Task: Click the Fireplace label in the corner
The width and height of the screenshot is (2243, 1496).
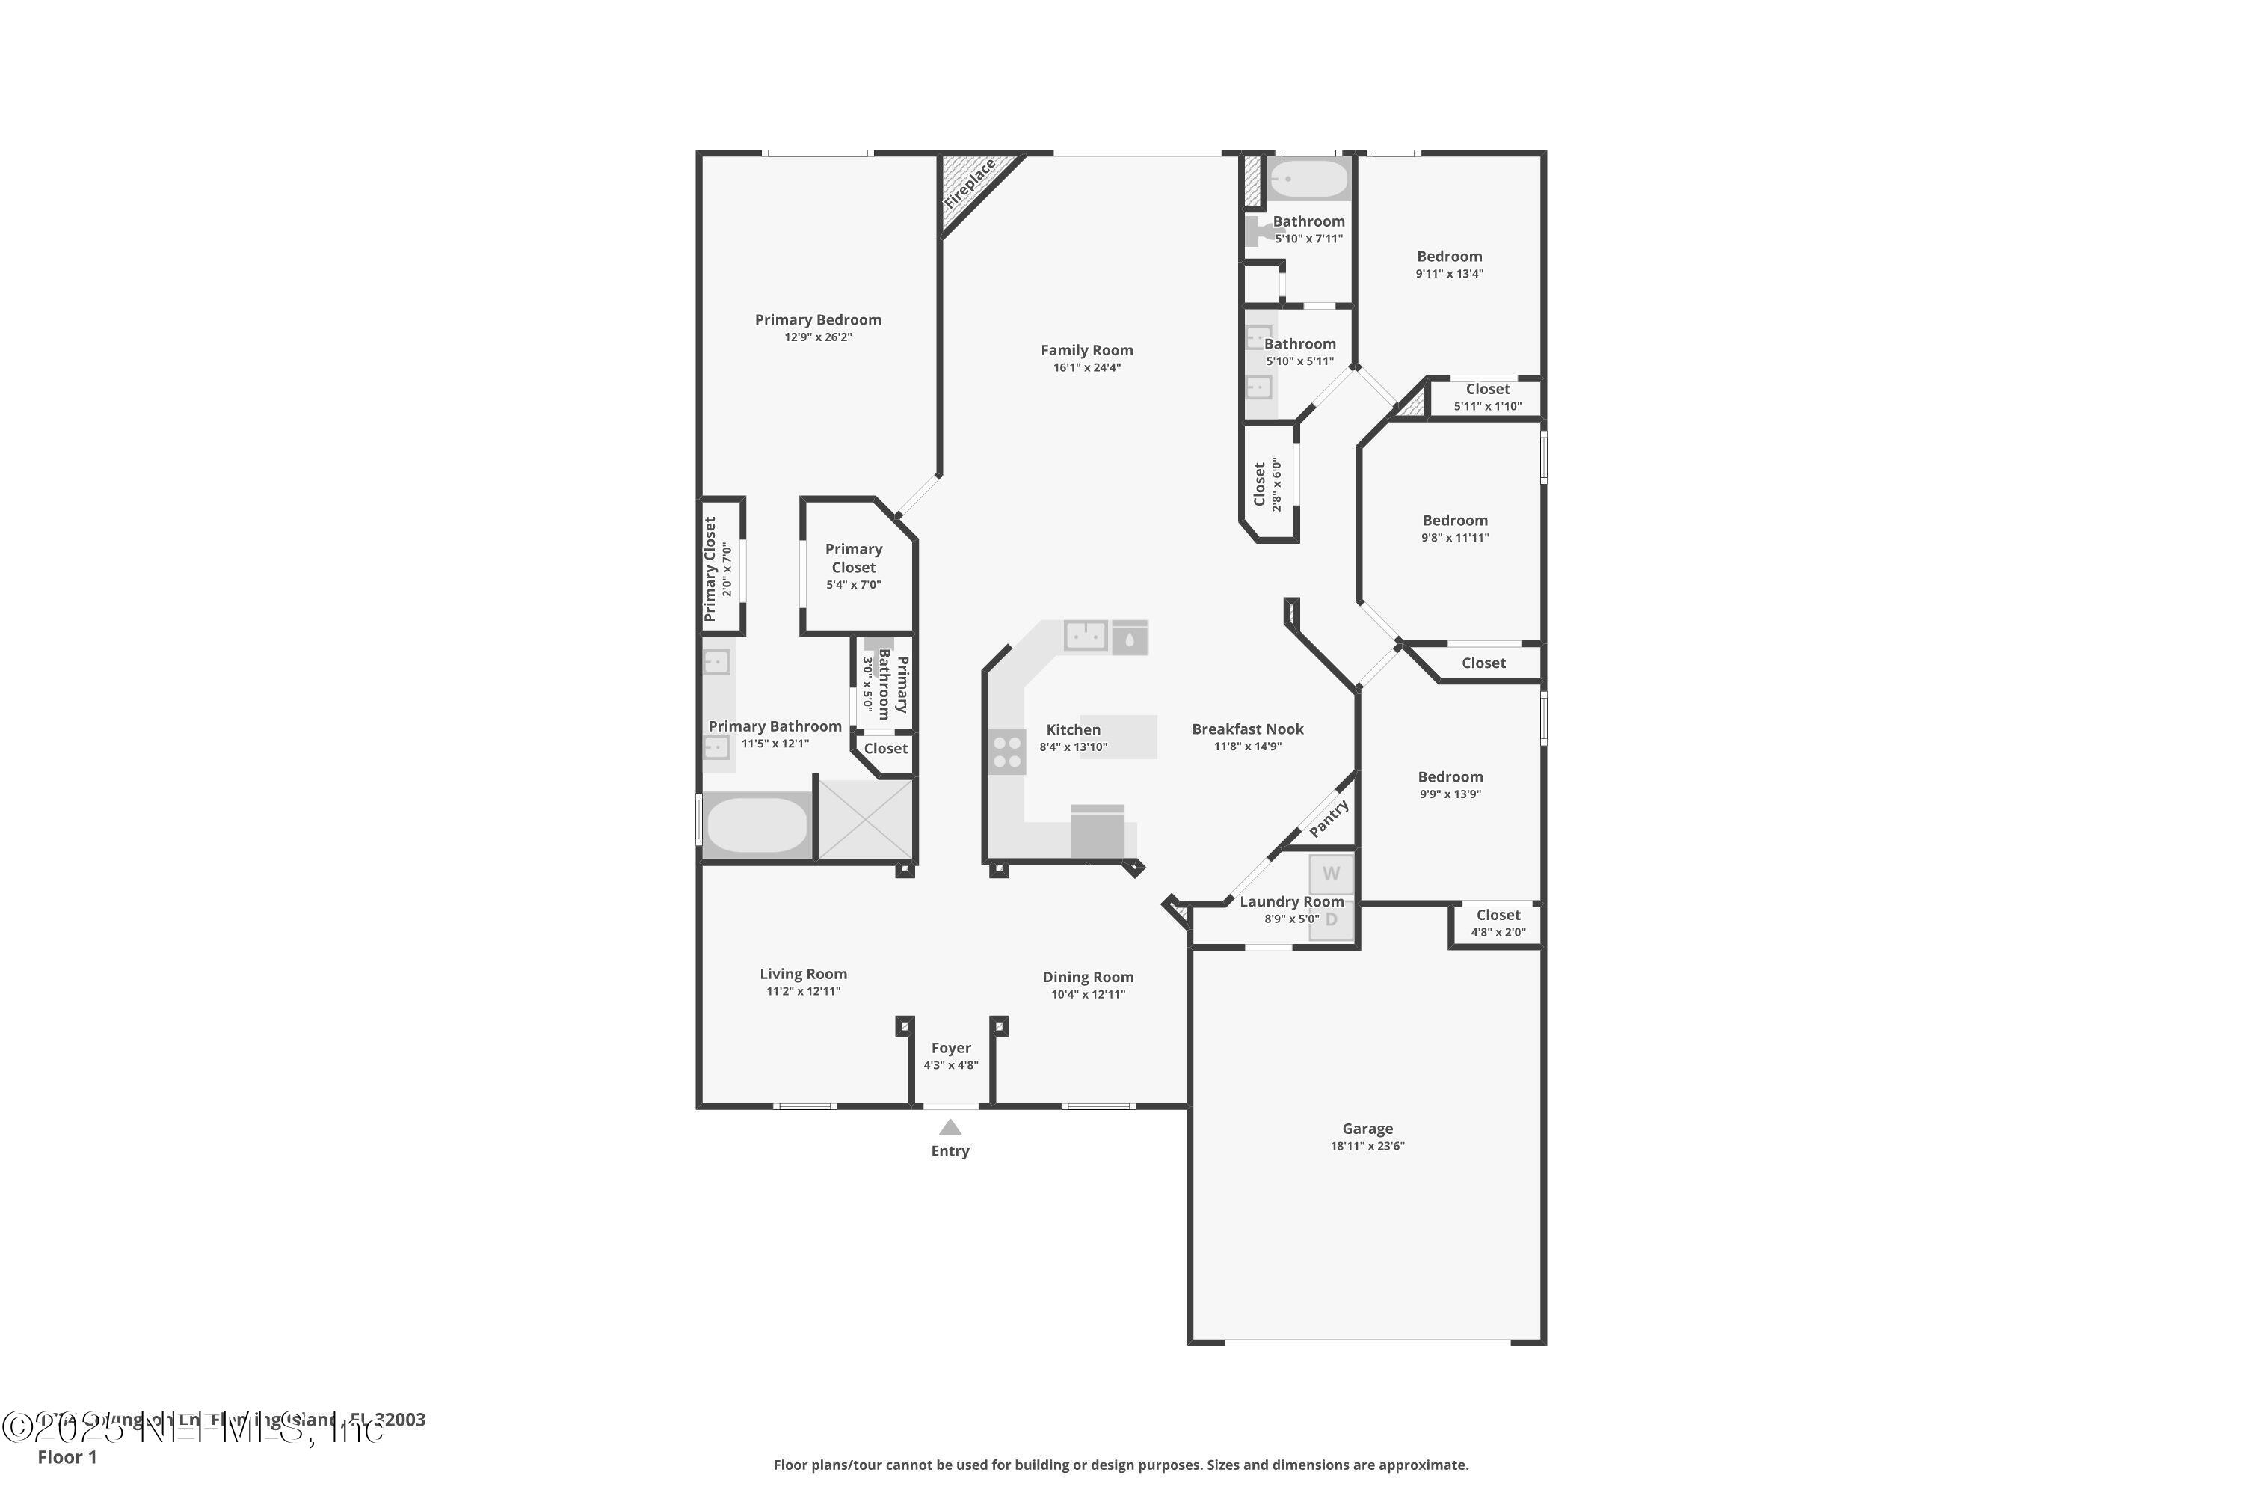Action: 970,184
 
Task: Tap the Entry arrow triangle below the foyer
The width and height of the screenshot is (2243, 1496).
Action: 950,1128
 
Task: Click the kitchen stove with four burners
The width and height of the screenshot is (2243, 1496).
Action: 1007,751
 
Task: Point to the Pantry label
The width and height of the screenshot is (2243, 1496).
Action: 1329,818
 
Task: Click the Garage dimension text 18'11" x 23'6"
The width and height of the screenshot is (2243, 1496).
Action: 1367,1146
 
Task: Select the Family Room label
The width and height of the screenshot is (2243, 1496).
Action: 1086,350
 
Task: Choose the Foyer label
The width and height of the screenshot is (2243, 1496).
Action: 951,1048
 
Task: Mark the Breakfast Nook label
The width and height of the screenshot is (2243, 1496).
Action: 1247,729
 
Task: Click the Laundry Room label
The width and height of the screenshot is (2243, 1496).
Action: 1291,901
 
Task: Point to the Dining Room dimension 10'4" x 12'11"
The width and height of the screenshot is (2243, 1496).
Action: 1088,994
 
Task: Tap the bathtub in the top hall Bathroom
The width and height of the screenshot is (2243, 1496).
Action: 1308,180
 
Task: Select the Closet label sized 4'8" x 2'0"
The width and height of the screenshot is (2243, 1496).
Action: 1498,915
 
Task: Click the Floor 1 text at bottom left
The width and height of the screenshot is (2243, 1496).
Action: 67,1457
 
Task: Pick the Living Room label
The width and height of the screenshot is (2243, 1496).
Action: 803,974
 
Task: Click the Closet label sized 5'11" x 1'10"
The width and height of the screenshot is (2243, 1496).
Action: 1488,389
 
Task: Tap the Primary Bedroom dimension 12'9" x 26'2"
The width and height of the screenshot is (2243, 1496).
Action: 818,337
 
